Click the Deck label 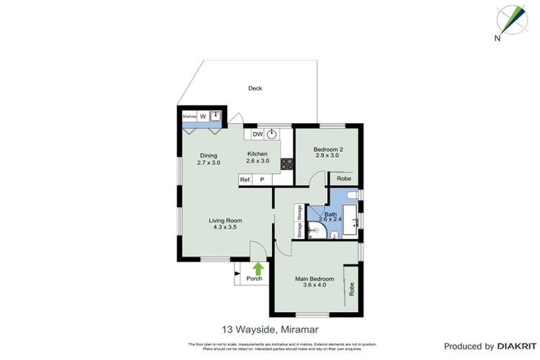click(x=255, y=89)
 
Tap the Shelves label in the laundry click(x=189, y=116)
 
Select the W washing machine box click(x=203, y=116)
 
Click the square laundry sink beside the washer click(x=215, y=116)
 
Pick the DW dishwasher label click(x=257, y=134)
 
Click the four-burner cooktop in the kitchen click(x=287, y=164)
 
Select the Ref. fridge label click(x=245, y=180)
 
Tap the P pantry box click(x=262, y=180)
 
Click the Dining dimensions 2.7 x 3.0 click(x=209, y=162)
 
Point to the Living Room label click(x=225, y=221)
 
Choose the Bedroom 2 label click(x=328, y=150)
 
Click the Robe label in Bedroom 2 click(x=344, y=179)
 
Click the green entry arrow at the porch click(x=258, y=268)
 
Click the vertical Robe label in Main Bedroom click(x=352, y=288)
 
